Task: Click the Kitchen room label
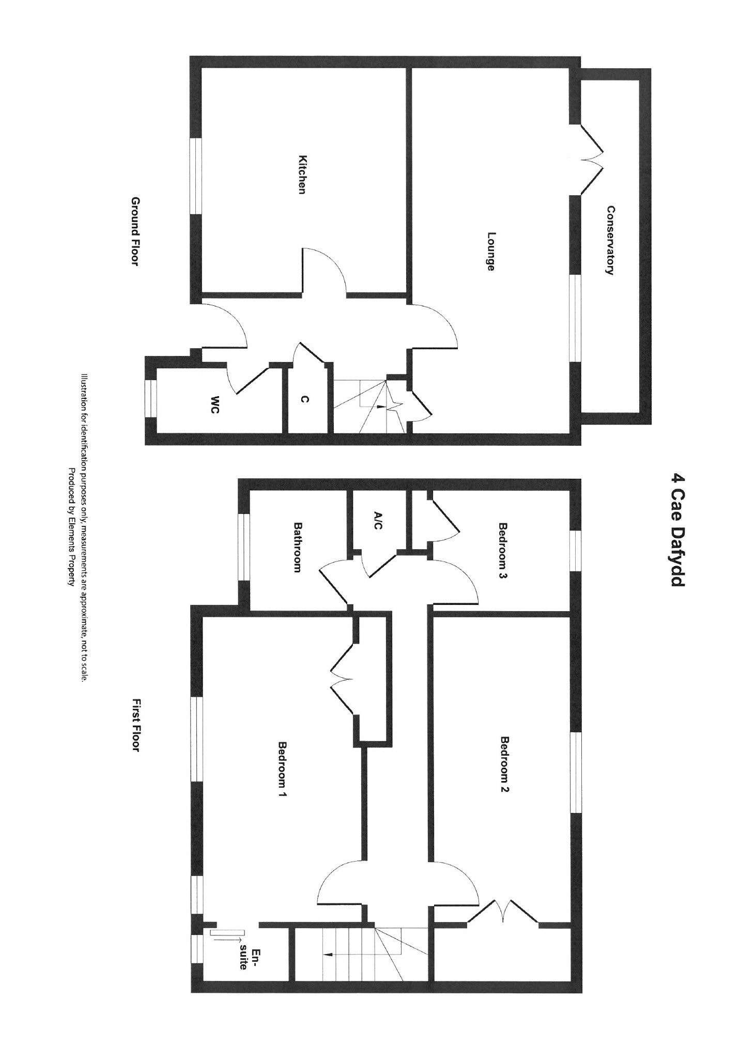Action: click(303, 175)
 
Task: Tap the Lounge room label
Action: click(490, 251)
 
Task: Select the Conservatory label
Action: click(611, 240)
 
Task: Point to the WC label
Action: click(215, 404)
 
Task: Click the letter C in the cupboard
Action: click(305, 399)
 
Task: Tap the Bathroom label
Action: click(298, 547)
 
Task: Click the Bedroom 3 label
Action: click(503, 551)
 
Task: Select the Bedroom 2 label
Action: click(505, 764)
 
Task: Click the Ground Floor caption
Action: click(135, 231)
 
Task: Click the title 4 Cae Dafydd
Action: click(676, 530)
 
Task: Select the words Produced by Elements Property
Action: click(72, 527)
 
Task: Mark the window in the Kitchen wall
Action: click(196, 176)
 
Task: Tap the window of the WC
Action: click(150, 398)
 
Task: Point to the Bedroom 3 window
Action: click(575, 551)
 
